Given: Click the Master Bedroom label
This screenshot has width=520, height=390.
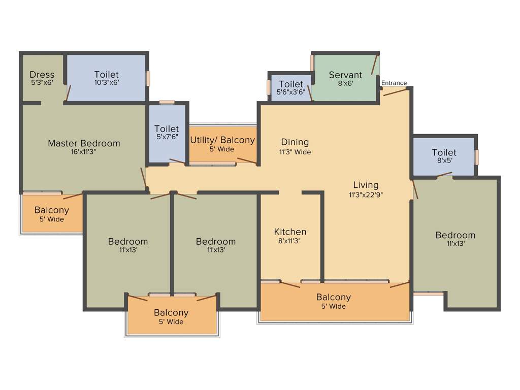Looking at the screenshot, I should [x=84, y=143].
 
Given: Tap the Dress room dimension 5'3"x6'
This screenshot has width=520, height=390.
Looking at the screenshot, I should [x=42, y=82].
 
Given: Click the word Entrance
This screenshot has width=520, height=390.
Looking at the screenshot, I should [x=394, y=83].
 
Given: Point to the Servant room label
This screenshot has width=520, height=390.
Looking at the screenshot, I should [x=345, y=75].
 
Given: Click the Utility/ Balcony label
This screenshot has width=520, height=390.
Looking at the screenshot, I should [x=222, y=140].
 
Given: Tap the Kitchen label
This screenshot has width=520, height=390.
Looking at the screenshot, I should [x=290, y=232].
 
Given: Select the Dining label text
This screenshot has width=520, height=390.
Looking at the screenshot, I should [x=295, y=142].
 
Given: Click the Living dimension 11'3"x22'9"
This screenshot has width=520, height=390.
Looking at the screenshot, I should [x=366, y=194].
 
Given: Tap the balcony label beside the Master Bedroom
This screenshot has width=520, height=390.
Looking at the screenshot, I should [x=52, y=210].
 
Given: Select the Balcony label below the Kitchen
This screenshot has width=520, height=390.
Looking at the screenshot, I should [x=333, y=297].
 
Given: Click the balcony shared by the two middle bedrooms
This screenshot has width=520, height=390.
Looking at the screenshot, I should [x=171, y=313].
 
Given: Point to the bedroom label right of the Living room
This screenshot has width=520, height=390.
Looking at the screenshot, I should [x=455, y=235].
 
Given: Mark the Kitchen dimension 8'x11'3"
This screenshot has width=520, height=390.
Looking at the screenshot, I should [x=290, y=241].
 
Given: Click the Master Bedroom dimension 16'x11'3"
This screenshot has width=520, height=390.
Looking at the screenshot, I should [x=84, y=152].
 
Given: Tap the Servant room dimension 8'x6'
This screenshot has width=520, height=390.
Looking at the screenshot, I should [x=345, y=84].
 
